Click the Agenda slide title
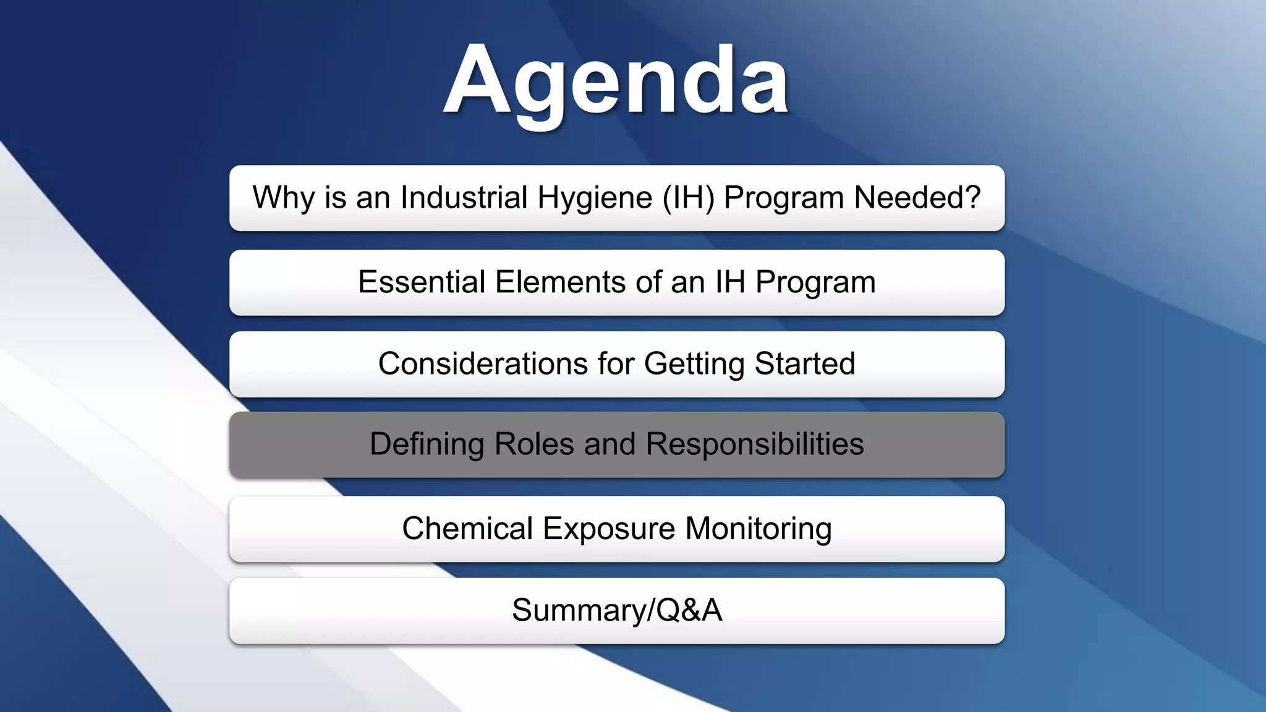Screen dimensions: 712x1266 616,81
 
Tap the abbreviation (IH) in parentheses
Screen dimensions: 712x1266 688,198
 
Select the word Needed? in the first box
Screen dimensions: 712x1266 917,198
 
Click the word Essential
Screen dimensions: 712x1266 422,282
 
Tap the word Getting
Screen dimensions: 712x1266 694,364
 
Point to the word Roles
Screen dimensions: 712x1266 534,444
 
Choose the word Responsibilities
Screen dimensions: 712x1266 755,444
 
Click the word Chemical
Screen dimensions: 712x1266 467,529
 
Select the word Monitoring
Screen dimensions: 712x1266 758,529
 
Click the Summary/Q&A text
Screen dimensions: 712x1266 616,611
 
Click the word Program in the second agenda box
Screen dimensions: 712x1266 815,282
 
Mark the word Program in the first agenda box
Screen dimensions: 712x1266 784,198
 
